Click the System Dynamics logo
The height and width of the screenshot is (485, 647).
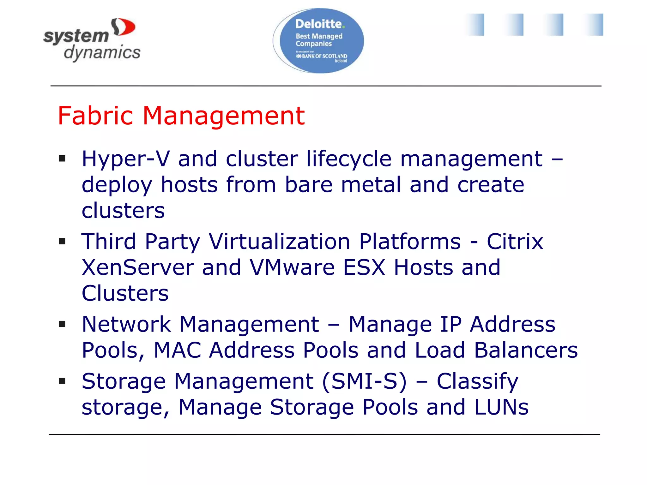pyautogui.click(x=92, y=40)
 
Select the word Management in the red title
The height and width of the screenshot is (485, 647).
pyautogui.click(x=224, y=116)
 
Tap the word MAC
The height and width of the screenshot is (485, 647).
pyautogui.click(x=177, y=350)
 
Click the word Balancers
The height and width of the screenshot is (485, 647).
pyautogui.click(x=526, y=350)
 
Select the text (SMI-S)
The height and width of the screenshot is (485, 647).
pyautogui.click(x=365, y=381)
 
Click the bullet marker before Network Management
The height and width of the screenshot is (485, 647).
pyautogui.click(x=62, y=324)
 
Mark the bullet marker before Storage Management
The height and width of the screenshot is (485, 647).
pyautogui.click(x=62, y=381)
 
